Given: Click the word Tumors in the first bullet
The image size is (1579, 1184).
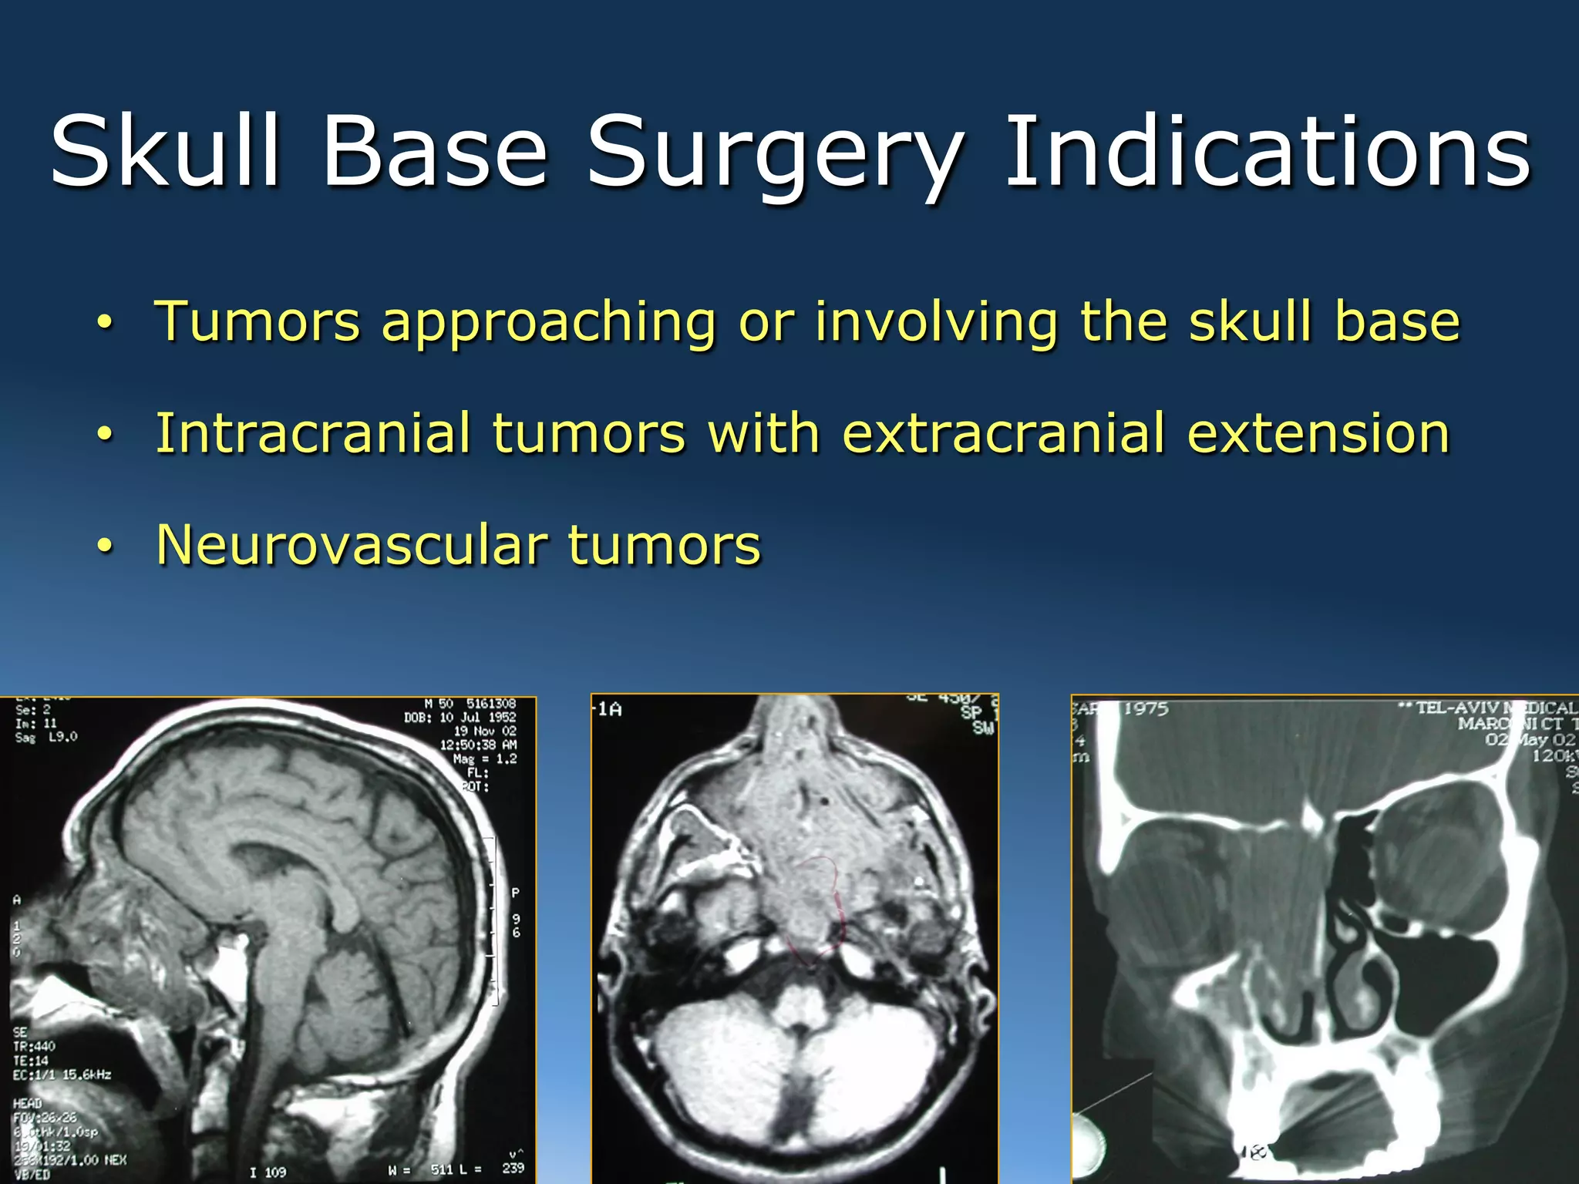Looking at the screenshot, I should coord(258,321).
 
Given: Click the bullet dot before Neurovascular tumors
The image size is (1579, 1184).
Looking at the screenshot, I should coord(106,546).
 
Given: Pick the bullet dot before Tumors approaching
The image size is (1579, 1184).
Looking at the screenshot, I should coord(106,323).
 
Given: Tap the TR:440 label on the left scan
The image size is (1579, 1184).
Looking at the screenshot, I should coord(34,1046).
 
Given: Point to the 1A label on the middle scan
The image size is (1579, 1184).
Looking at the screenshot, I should coord(609,709).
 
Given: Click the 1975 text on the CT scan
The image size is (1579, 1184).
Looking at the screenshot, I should coord(1146,708).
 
